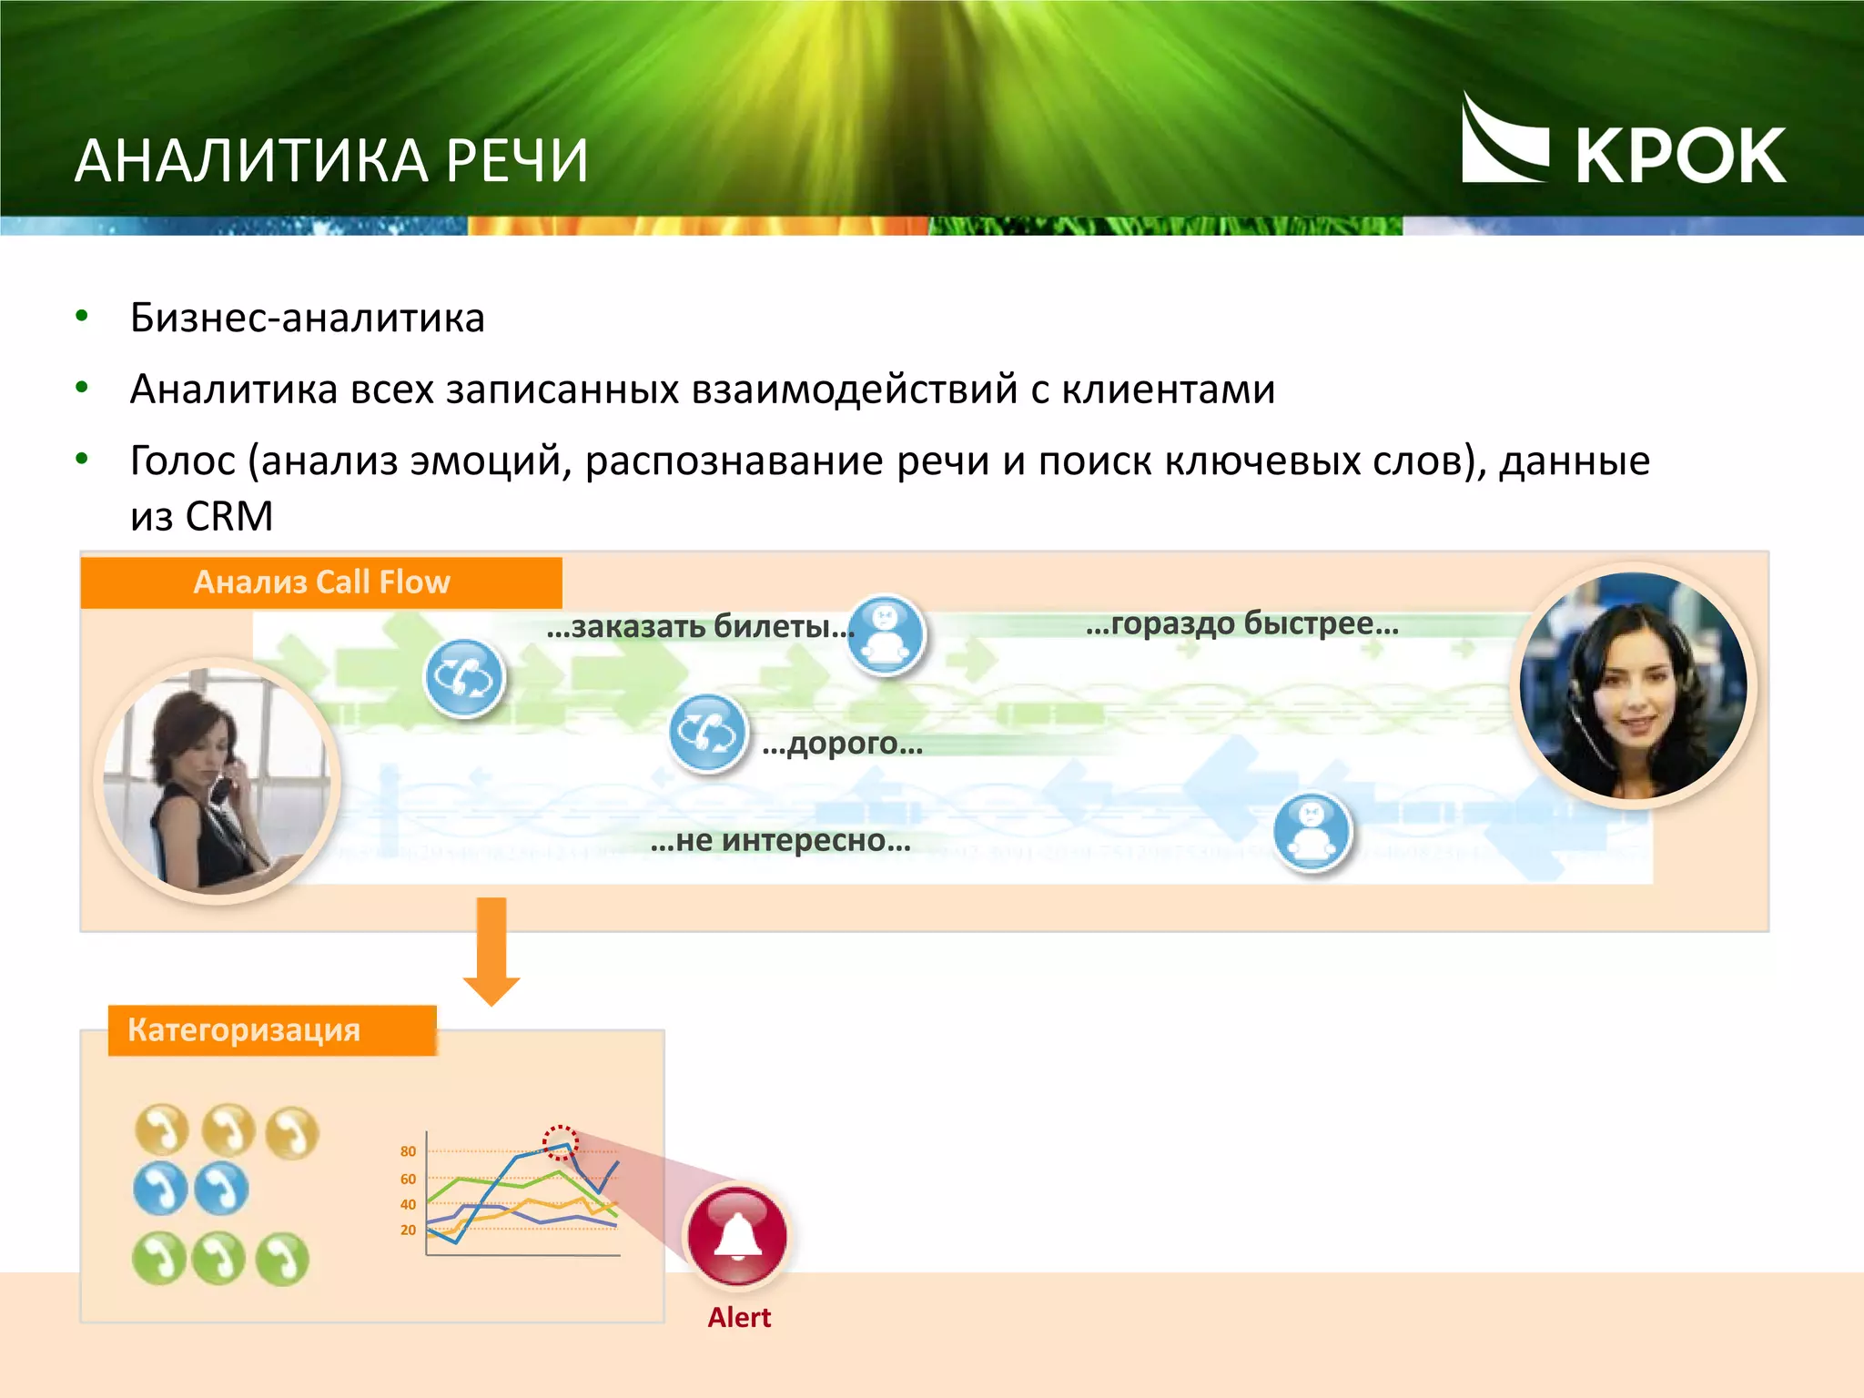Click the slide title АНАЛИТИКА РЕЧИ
tap(331, 161)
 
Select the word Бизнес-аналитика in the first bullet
tap(307, 318)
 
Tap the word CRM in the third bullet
tap(228, 516)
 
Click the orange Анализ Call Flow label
tap(321, 582)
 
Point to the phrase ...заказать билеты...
tap(699, 626)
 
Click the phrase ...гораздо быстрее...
tap(1241, 623)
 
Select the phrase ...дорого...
tap(842, 744)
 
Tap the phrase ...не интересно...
tap(780, 840)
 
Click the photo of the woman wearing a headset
tap(1633, 686)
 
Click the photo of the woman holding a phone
tap(217, 781)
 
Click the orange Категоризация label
tap(244, 1030)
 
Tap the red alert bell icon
tap(737, 1235)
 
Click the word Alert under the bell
tap(739, 1317)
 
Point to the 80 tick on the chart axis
tap(408, 1151)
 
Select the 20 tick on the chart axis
tap(408, 1230)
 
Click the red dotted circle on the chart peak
tap(560, 1142)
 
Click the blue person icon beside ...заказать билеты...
tap(885, 634)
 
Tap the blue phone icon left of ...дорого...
tap(707, 733)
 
